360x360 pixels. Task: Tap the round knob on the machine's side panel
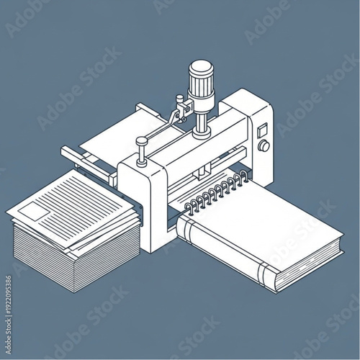[x=264, y=146]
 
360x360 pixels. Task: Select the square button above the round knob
[x=263, y=130]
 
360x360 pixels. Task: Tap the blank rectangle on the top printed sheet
[x=32, y=210]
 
